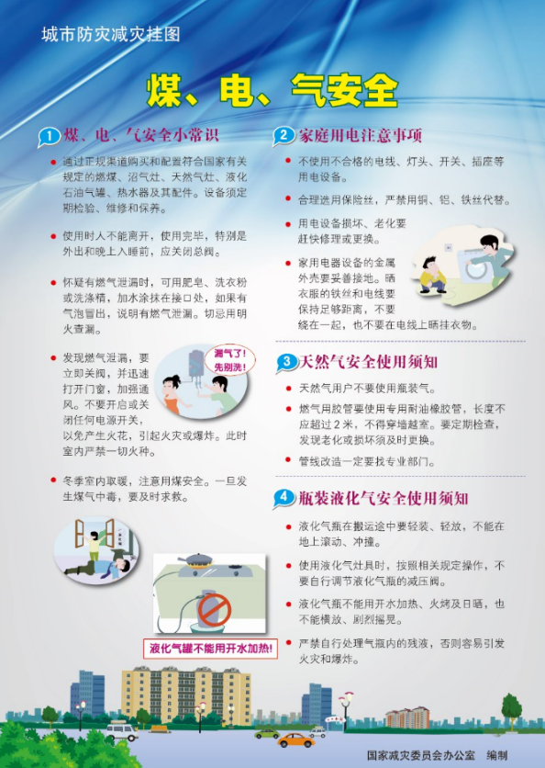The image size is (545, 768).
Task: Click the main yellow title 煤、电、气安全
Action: [x=272, y=91]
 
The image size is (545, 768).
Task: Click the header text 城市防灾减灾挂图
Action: [x=111, y=34]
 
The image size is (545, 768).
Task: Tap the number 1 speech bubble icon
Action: [x=49, y=137]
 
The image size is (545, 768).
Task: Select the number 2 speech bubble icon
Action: [x=284, y=136]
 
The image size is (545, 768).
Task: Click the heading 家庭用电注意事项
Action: [x=361, y=135]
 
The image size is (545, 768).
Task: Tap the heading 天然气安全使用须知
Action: [x=369, y=362]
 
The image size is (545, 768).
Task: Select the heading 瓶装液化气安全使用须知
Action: [x=384, y=498]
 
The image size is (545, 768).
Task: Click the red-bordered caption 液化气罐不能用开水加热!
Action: [x=210, y=649]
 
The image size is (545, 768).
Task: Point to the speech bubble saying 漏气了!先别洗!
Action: [x=230, y=359]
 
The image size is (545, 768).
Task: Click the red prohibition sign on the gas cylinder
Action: [x=215, y=610]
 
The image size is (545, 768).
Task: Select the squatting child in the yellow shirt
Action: [x=432, y=276]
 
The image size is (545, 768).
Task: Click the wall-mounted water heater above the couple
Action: [x=196, y=365]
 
